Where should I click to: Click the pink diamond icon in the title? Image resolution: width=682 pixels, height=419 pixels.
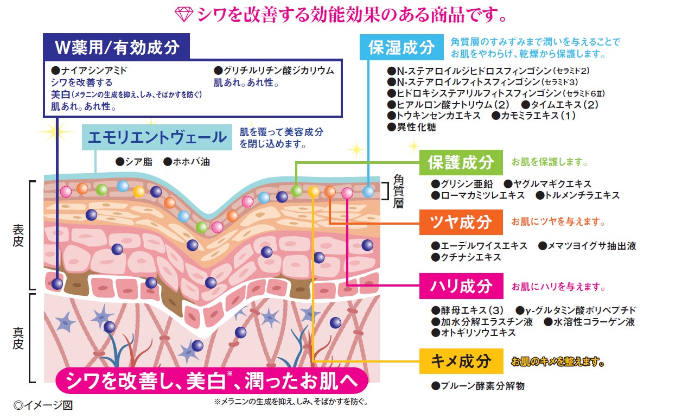[184, 15]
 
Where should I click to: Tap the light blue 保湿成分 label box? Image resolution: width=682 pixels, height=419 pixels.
[401, 48]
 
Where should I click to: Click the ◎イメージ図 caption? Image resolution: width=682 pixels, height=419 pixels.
[43, 405]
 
